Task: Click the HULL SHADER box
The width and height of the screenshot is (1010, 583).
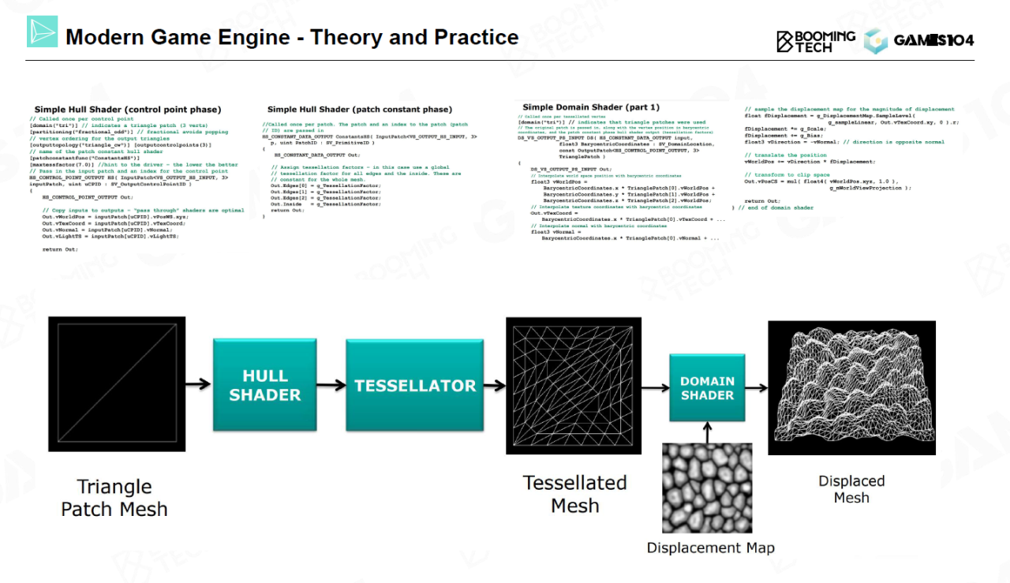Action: click(264, 385)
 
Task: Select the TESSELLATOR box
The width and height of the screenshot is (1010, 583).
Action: click(415, 385)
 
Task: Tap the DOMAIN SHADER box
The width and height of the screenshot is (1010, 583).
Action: click(707, 388)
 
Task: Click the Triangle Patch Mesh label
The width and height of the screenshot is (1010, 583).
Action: click(114, 498)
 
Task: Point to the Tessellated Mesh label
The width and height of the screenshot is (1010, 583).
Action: click(574, 494)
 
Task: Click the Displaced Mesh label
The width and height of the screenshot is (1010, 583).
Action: click(851, 489)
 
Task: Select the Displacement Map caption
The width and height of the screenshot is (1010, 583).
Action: click(710, 547)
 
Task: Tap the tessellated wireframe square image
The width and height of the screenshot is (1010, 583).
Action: click(574, 385)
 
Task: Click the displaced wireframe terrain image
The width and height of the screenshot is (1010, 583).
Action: click(851, 387)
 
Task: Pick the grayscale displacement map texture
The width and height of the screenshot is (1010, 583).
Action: click(707, 488)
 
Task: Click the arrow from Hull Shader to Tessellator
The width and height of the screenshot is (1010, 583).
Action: click(331, 385)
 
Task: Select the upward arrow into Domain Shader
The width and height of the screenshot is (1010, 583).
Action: click(707, 432)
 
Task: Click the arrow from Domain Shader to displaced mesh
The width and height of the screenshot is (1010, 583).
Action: click(756, 387)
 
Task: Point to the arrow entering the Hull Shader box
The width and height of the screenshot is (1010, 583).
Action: click(198, 385)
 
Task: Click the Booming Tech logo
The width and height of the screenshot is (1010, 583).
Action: click(816, 41)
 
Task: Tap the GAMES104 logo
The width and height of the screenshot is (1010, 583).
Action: click(919, 40)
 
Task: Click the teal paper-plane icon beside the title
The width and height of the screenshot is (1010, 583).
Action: click(42, 32)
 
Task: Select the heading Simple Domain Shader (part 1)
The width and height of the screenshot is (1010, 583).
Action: click(590, 107)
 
